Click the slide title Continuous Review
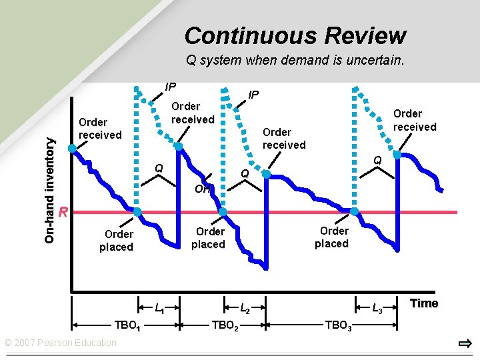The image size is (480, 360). (x=295, y=35)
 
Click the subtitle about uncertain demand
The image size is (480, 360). (x=295, y=61)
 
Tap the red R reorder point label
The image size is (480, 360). (x=63, y=213)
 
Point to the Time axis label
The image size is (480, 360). (x=424, y=303)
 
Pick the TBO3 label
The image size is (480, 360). (x=338, y=325)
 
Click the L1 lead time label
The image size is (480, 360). (x=160, y=308)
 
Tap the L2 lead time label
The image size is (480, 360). (x=245, y=308)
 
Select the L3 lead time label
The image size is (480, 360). (x=377, y=308)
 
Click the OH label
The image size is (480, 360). (x=202, y=189)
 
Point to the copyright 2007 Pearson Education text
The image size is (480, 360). (x=61, y=343)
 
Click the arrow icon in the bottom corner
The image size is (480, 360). (x=465, y=344)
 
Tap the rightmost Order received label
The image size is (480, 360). (x=415, y=120)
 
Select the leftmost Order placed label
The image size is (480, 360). (x=116, y=240)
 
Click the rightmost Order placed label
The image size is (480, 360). (x=333, y=237)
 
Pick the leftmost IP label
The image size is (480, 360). (x=170, y=87)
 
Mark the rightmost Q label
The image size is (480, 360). (x=377, y=160)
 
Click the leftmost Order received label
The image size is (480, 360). (x=100, y=128)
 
